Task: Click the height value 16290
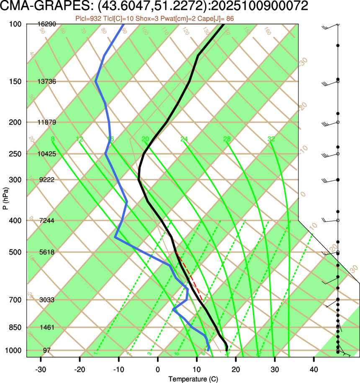point(46,24)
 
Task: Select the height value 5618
point(46,252)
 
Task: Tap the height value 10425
point(46,154)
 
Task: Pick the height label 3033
point(46,300)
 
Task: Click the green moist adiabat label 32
point(271,139)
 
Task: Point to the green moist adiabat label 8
point(52,139)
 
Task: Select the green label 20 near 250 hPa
point(145,139)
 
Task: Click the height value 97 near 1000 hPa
point(46,350)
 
